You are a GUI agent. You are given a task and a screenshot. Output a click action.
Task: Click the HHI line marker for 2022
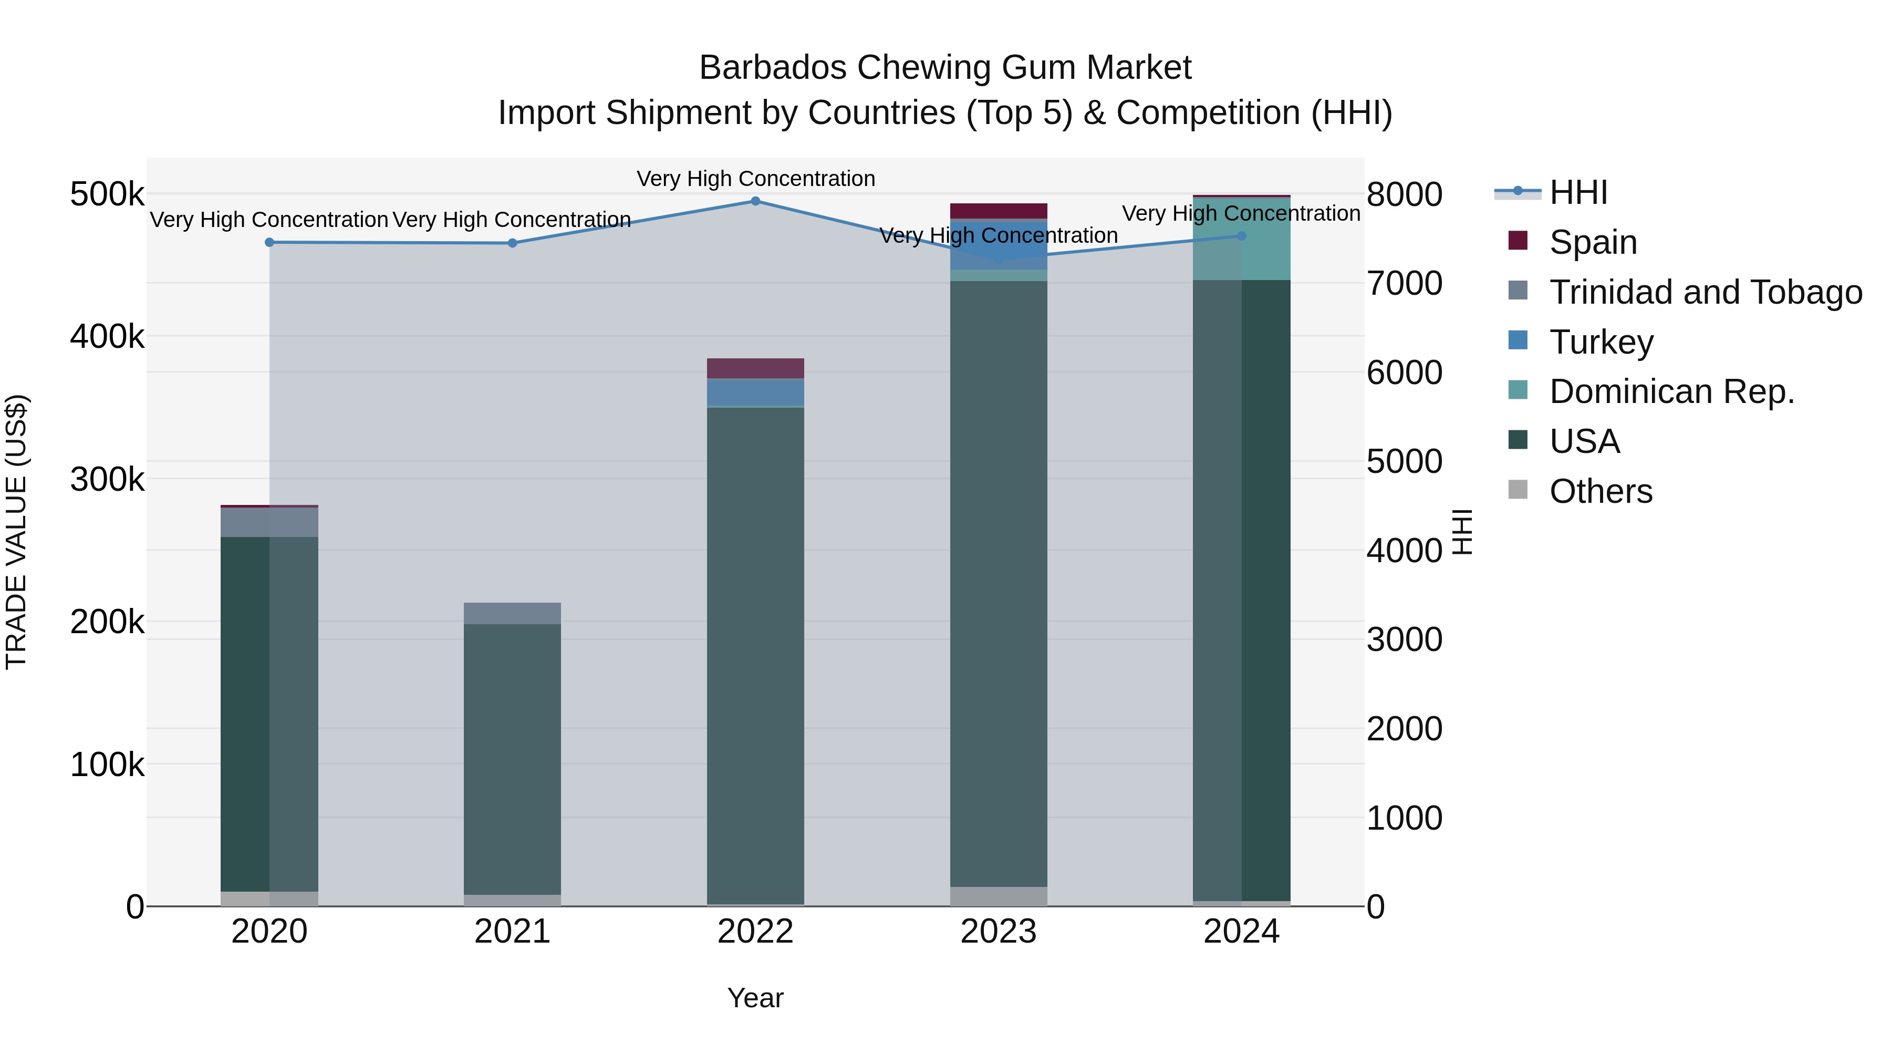click(755, 201)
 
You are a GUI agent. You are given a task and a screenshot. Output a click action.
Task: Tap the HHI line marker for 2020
click(269, 242)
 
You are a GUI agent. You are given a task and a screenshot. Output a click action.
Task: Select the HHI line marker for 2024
click(1241, 236)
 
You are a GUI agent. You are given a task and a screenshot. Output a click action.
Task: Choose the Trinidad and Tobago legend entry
click(1705, 292)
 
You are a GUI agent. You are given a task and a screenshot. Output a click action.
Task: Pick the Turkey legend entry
click(1601, 342)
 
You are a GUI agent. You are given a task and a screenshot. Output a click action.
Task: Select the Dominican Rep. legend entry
click(1671, 392)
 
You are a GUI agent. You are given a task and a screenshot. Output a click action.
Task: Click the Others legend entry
click(1601, 492)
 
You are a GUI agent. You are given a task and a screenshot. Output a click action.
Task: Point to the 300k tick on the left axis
click(107, 480)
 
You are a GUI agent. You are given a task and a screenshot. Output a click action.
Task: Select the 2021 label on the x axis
click(512, 932)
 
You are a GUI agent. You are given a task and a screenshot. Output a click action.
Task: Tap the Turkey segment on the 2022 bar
click(755, 392)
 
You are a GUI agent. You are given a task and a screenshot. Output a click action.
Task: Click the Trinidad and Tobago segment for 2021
click(512, 613)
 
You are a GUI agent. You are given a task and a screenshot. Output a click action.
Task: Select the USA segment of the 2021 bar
click(512, 756)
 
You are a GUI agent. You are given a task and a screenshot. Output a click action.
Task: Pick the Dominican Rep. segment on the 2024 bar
click(1241, 239)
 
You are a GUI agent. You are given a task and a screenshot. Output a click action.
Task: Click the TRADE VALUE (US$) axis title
click(17, 532)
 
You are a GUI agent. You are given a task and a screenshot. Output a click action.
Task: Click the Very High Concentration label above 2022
click(755, 179)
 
